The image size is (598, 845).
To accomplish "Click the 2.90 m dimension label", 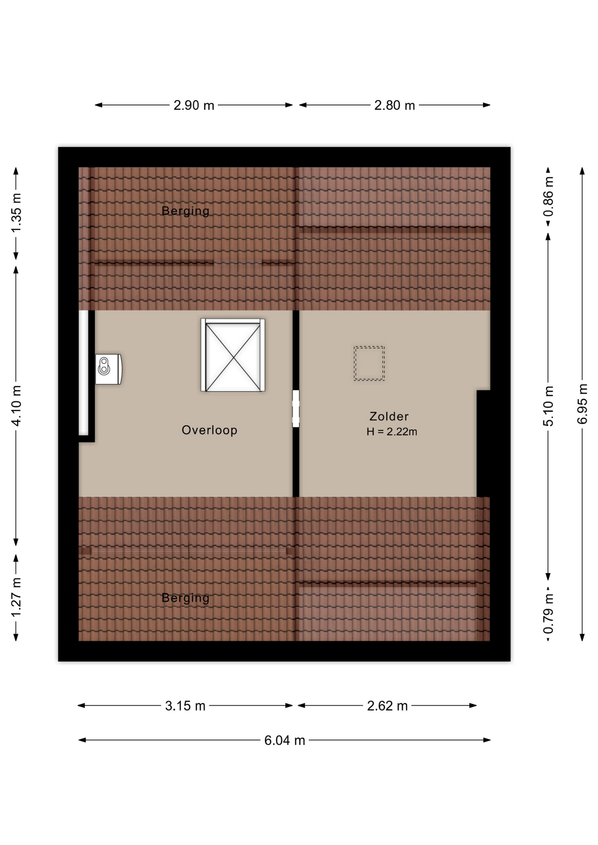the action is [x=194, y=106].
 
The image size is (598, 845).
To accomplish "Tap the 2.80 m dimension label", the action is [x=395, y=106].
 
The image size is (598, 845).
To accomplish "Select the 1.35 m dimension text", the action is [x=16, y=213].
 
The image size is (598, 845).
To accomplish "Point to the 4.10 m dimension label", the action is [x=16, y=406].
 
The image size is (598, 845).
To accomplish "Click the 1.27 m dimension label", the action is [x=16, y=597].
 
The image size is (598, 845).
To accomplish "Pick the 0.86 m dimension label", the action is [x=548, y=196].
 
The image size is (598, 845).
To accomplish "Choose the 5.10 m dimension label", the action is [x=548, y=406].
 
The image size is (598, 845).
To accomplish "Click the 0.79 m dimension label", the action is [x=548, y=614].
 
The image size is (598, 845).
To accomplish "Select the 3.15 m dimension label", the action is [x=185, y=706].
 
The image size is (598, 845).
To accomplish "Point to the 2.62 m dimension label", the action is [x=387, y=706].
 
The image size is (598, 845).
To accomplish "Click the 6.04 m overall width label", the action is [x=284, y=740].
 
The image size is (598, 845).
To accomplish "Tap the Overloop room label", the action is [x=210, y=430].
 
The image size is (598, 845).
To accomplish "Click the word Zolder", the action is [x=389, y=416].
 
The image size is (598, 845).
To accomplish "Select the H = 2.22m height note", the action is [x=391, y=432].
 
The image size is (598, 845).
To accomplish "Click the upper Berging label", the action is [x=185, y=211].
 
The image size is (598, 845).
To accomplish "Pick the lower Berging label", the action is [x=185, y=598].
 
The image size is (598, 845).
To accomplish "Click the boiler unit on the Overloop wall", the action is [x=108, y=369].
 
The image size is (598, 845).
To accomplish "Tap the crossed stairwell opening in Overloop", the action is [x=233, y=355].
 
